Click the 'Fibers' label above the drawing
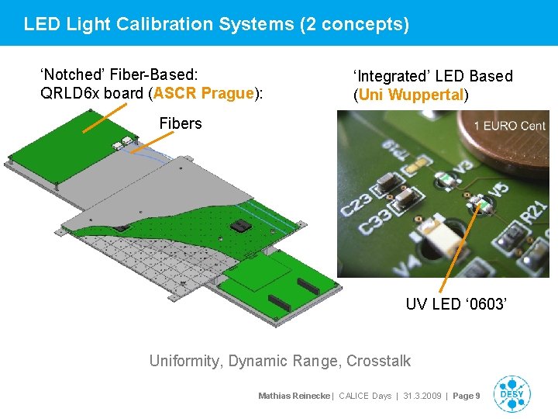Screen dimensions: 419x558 point(180,123)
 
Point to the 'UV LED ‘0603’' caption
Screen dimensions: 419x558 point(456,304)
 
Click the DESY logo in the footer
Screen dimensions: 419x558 point(512,394)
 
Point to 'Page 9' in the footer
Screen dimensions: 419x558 point(467,396)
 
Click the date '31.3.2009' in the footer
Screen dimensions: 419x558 point(423,396)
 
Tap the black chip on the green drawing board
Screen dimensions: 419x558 point(241,227)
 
